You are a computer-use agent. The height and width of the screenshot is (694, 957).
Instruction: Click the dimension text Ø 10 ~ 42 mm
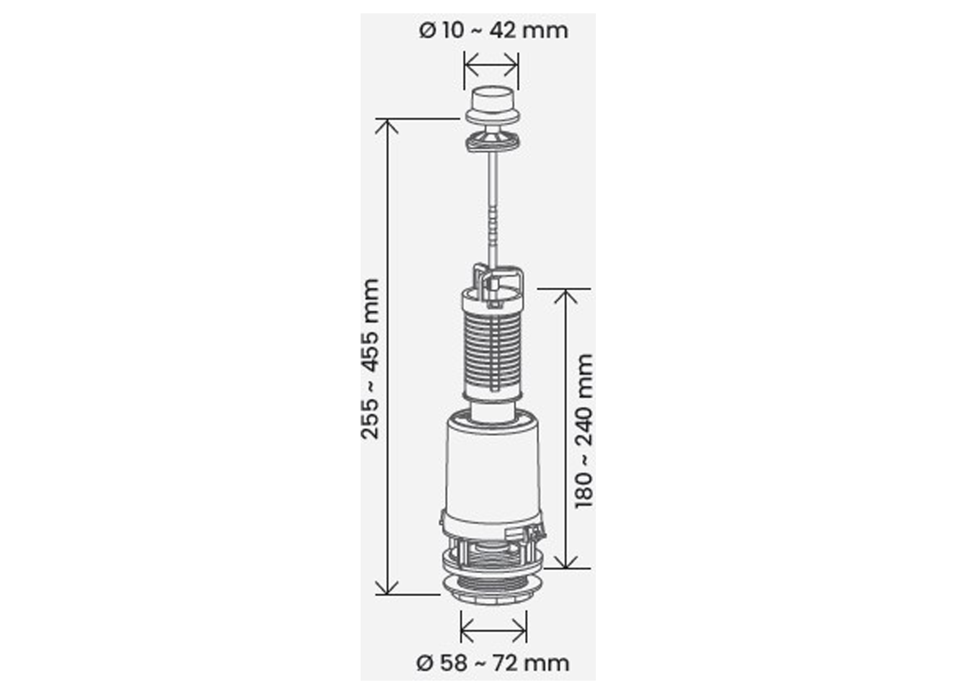tap(493, 30)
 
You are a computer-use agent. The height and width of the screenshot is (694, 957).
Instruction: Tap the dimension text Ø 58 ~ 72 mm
tap(493, 663)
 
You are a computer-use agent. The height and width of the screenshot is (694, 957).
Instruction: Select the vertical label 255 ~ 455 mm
tap(370, 359)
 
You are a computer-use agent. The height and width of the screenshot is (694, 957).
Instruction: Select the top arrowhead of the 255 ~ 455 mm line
tap(387, 127)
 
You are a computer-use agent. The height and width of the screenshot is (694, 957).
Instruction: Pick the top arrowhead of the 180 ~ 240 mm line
tap(565, 297)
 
